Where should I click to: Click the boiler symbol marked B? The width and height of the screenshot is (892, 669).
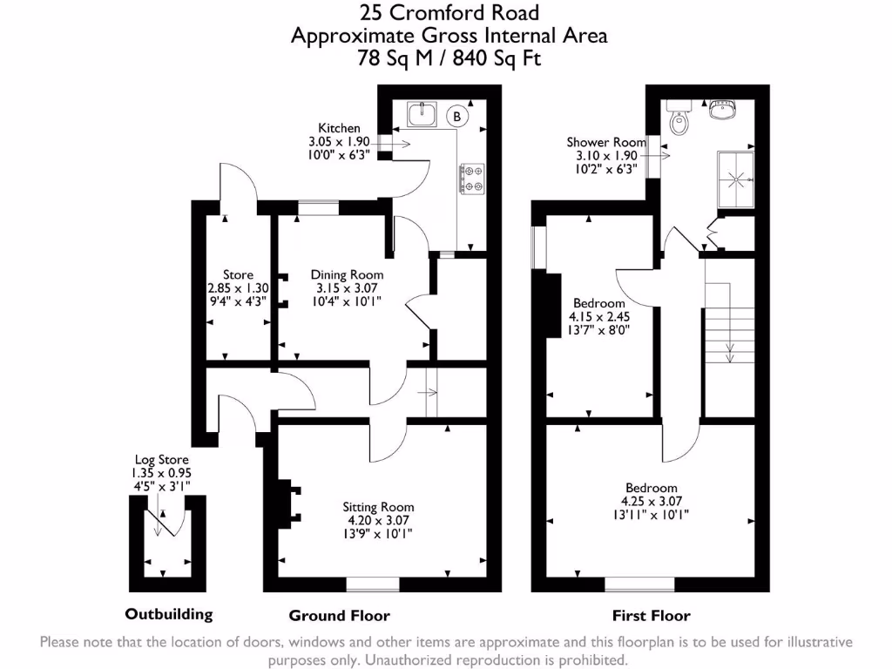click(x=456, y=115)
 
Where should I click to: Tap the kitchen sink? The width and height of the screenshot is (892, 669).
click(x=422, y=114)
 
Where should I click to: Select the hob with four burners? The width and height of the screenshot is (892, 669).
click(x=471, y=179)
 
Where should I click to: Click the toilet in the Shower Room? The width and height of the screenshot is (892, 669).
click(x=679, y=121)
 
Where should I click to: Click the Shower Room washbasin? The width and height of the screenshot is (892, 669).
click(x=722, y=111)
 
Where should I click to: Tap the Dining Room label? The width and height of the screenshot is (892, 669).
click(x=347, y=274)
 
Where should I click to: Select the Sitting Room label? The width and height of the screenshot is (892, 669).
click(x=378, y=506)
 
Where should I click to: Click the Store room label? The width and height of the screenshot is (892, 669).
click(x=237, y=274)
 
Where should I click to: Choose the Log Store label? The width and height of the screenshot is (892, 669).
click(x=161, y=460)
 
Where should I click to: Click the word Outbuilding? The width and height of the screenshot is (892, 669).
click(x=168, y=614)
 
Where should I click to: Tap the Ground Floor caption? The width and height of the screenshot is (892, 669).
click(x=339, y=616)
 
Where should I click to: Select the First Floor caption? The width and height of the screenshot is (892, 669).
click(x=651, y=616)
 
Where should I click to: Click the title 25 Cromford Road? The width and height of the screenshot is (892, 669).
click(x=449, y=13)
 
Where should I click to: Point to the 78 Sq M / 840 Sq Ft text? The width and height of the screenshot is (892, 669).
click(x=449, y=58)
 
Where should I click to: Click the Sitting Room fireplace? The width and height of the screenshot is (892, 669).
click(x=287, y=504)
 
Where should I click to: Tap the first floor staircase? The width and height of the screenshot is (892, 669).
click(x=729, y=331)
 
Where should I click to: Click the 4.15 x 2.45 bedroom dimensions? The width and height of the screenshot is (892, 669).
click(x=599, y=317)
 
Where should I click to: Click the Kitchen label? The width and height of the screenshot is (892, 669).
click(x=338, y=128)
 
